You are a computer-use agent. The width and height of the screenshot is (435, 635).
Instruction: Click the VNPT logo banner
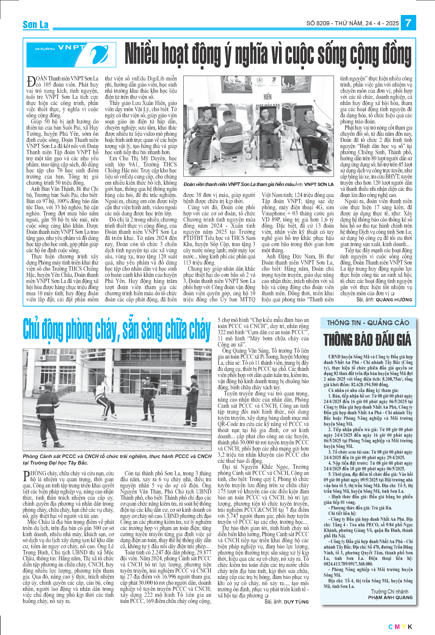71,55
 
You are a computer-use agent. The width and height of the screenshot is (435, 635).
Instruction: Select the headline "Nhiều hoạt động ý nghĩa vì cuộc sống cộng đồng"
268,55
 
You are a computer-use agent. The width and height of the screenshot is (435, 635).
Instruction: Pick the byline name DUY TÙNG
296,602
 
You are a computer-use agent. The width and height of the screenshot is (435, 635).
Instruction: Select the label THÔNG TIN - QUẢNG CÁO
368,323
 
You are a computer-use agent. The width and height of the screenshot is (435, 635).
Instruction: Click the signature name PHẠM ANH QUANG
390,597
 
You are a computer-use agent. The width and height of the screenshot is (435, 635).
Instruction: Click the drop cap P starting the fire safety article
27,476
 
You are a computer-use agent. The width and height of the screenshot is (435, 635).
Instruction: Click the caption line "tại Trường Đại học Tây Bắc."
56,463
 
